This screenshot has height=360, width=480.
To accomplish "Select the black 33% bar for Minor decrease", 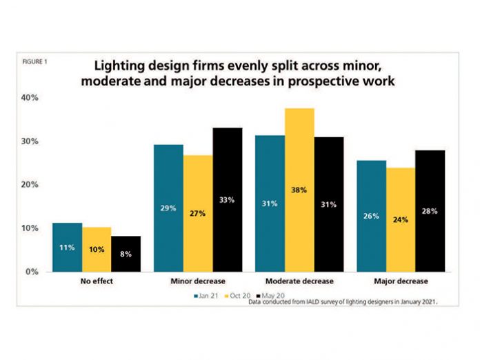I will pyautogui.click(x=227, y=199).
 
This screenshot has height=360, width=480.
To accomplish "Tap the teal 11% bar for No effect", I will pyautogui.click(x=67, y=247).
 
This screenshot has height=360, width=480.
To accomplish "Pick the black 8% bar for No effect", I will pyautogui.click(x=126, y=253).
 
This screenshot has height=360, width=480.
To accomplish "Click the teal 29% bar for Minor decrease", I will pyautogui.click(x=168, y=208).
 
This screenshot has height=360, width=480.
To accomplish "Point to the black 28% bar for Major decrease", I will pyautogui.click(x=430, y=210).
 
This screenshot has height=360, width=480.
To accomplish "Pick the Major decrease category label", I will pyautogui.click(x=400, y=281).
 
